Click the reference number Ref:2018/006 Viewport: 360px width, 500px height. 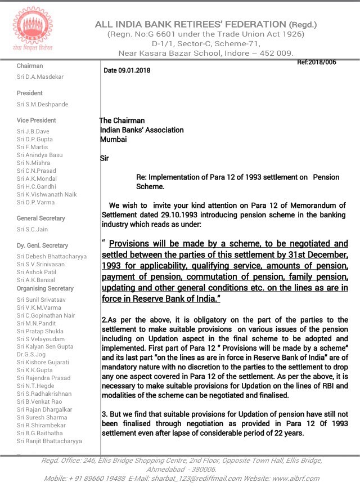tap(316, 62)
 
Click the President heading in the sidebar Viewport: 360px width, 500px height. tap(29, 93)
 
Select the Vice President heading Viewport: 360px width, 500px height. tap(36, 120)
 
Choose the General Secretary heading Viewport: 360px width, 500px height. tap(40, 218)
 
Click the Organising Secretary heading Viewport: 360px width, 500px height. tap(45, 288)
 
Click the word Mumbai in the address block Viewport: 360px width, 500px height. tap(113, 139)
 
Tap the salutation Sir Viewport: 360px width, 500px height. tap(104, 159)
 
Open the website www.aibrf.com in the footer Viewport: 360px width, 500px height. tap(296, 478)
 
